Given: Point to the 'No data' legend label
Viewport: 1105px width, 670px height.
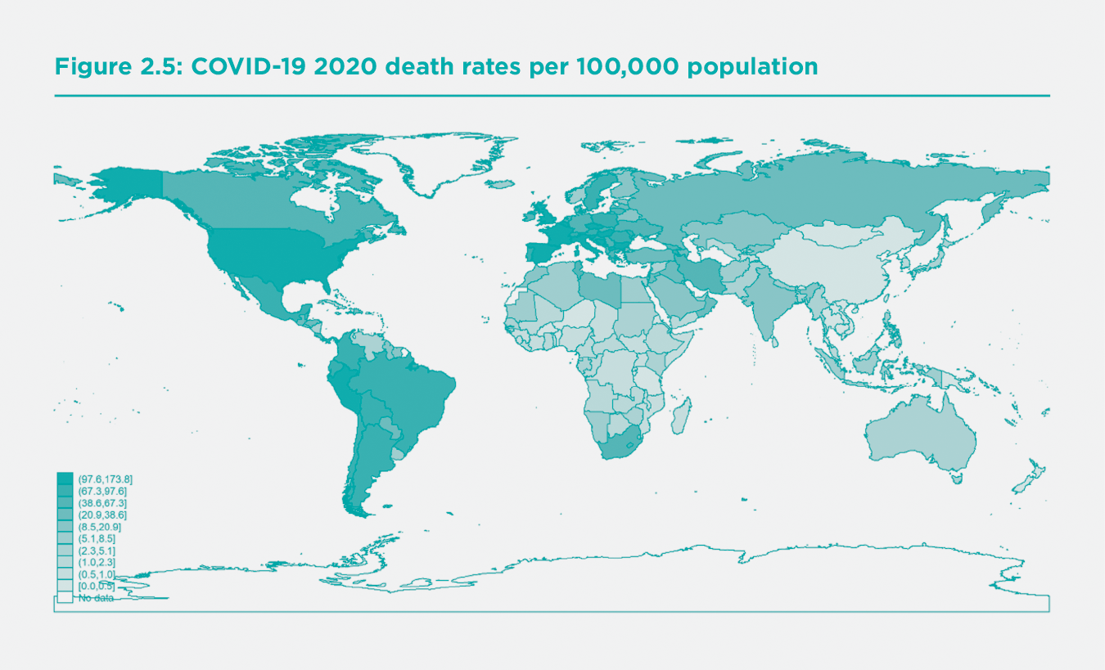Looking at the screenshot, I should tap(96, 599).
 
